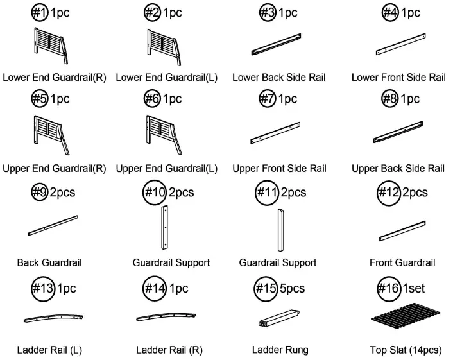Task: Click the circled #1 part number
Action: pyautogui.click(x=40, y=12)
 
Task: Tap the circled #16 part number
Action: pyautogui.click(x=389, y=288)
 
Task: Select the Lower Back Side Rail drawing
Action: pyautogui.click(x=276, y=44)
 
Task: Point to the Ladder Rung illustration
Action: pyautogui.click(x=279, y=318)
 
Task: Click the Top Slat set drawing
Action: pyautogui.click(x=406, y=316)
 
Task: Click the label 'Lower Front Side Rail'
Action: pyautogui.click(x=398, y=78)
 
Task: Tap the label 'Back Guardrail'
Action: pyautogui.click(x=49, y=262)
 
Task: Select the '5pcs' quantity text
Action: pyautogui.click(x=293, y=288)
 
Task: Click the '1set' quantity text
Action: pyautogui.click(x=414, y=288)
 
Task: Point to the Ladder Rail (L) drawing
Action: pyautogui.click(x=53, y=318)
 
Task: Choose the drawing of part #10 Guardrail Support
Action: pyautogui.click(x=165, y=227)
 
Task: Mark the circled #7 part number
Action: pyautogui.click(x=267, y=99)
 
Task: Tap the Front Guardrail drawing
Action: pyautogui.click(x=402, y=231)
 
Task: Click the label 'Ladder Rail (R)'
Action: pyautogui.click(x=169, y=350)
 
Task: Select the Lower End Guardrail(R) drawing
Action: pyautogui.click(x=51, y=46)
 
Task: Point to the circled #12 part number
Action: pyautogui.click(x=389, y=193)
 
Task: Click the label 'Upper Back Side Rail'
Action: pyautogui.click(x=398, y=168)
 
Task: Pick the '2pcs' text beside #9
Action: pyautogui.click(x=62, y=193)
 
